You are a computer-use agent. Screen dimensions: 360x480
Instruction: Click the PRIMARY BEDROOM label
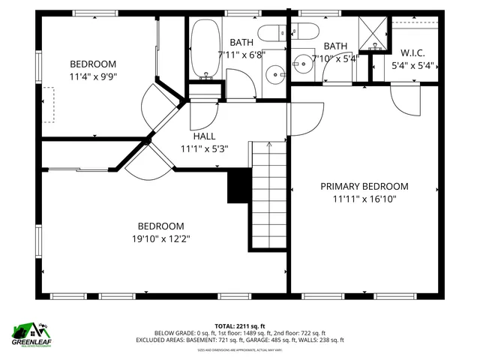click(x=364, y=187)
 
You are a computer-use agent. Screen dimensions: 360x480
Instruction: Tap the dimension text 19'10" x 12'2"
click(x=160, y=239)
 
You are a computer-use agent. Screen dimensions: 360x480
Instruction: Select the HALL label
click(x=204, y=136)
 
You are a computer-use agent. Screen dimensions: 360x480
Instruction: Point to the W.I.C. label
click(x=413, y=53)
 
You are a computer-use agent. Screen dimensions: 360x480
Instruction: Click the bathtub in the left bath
click(x=203, y=50)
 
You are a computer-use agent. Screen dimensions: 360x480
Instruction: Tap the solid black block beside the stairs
click(x=238, y=186)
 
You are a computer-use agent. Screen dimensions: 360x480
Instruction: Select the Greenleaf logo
click(x=29, y=333)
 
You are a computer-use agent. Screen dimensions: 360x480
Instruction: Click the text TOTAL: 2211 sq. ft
click(x=240, y=325)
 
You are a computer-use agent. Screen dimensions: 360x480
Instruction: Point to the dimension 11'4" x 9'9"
click(x=93, y=76)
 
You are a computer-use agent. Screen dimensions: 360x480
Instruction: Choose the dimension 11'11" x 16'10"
click(x=364, y=199)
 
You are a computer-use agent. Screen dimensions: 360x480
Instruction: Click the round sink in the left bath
click(x=275, y=74)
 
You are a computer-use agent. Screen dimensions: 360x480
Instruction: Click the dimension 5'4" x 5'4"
click(x=413, y=65)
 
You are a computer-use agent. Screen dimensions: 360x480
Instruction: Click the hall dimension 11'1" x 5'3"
click(x=204, y=148)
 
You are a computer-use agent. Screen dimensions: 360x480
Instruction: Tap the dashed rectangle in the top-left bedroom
click(x=50, y=104)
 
